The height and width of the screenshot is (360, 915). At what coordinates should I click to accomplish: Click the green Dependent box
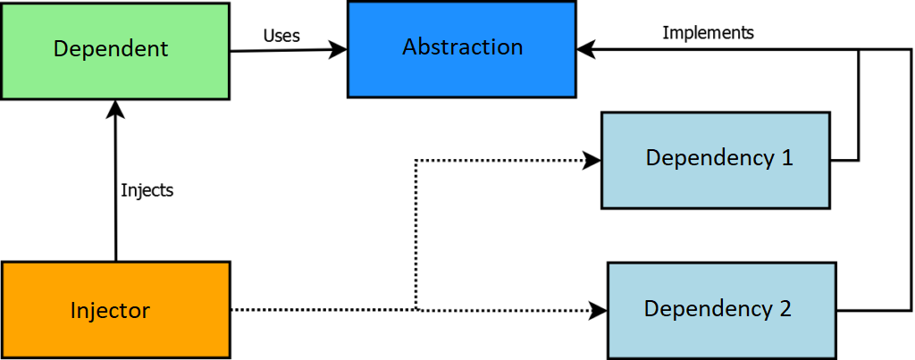115,51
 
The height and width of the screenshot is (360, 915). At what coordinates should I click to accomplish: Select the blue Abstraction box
462,49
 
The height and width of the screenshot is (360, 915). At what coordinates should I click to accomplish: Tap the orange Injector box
115,310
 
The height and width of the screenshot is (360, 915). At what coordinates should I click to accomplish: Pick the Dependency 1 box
716,161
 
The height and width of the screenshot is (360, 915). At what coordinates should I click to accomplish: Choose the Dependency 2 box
722,310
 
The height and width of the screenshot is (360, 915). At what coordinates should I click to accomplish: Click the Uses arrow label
281,36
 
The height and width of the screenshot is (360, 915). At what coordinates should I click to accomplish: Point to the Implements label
708,33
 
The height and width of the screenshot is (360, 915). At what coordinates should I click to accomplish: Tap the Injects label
147,190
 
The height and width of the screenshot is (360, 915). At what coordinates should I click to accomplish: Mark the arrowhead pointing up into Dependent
115,109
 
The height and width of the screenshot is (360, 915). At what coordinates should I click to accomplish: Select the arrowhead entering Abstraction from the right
586,50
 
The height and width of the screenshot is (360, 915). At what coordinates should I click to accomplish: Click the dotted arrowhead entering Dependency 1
592,160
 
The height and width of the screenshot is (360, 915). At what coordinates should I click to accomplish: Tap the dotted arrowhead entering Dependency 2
599,310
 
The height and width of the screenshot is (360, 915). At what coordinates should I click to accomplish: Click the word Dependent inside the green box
111,48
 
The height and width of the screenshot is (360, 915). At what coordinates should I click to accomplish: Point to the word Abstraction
462,46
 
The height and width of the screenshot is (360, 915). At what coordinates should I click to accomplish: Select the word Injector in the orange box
110,310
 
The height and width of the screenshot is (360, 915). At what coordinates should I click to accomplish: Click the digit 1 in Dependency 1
787,158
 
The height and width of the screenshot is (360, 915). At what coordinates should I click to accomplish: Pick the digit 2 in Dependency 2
785,308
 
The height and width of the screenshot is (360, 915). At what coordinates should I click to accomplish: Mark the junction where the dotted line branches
416,310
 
